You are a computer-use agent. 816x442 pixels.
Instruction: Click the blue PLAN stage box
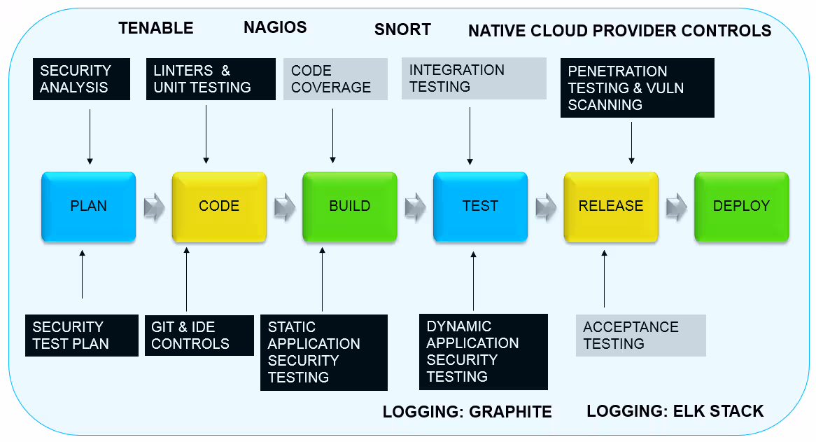(88, 207)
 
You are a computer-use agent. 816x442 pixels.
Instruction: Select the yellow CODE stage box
(219, 207)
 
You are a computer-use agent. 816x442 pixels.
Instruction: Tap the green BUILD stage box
(350, 207)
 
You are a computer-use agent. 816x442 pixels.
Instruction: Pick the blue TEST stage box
(480, 207)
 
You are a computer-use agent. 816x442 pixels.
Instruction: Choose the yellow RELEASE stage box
(611, 207)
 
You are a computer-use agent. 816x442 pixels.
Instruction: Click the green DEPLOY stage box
(742, 207)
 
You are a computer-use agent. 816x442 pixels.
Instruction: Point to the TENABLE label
(155, 28)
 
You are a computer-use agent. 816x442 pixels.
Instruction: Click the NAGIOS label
(275, 27)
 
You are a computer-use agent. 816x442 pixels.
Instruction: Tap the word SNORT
(402, 29)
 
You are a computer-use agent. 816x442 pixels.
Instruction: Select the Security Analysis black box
(81, 79)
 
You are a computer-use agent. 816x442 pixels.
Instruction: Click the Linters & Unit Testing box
(211, 79)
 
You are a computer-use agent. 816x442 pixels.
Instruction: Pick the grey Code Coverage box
(336, 79)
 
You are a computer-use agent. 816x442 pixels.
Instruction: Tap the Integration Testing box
(474, 78)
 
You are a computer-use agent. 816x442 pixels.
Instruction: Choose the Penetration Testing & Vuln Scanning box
(638, 88)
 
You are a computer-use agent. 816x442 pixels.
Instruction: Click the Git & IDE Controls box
(199, 336)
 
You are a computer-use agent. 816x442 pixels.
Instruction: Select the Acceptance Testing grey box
(641, 336)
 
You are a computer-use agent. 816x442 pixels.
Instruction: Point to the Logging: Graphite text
(467, 412)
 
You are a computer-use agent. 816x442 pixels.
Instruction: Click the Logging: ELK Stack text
(675, 411)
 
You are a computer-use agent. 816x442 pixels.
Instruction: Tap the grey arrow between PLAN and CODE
(155, 207)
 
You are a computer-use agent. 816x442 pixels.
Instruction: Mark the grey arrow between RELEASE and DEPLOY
(677, 207)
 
